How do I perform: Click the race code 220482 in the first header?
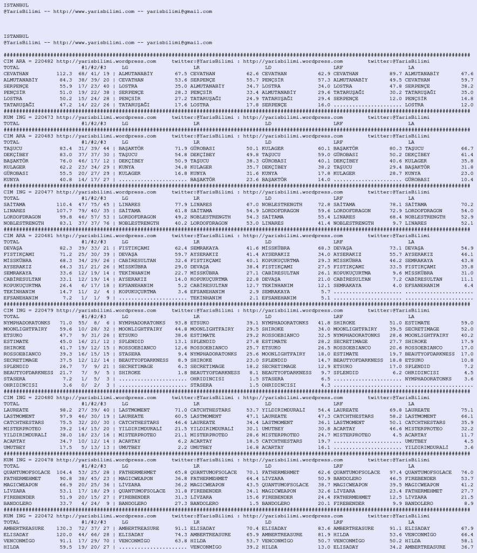44,61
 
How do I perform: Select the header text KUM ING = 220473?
28,117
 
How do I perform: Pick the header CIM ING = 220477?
28,192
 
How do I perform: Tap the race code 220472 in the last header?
44,516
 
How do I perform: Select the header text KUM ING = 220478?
28,460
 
